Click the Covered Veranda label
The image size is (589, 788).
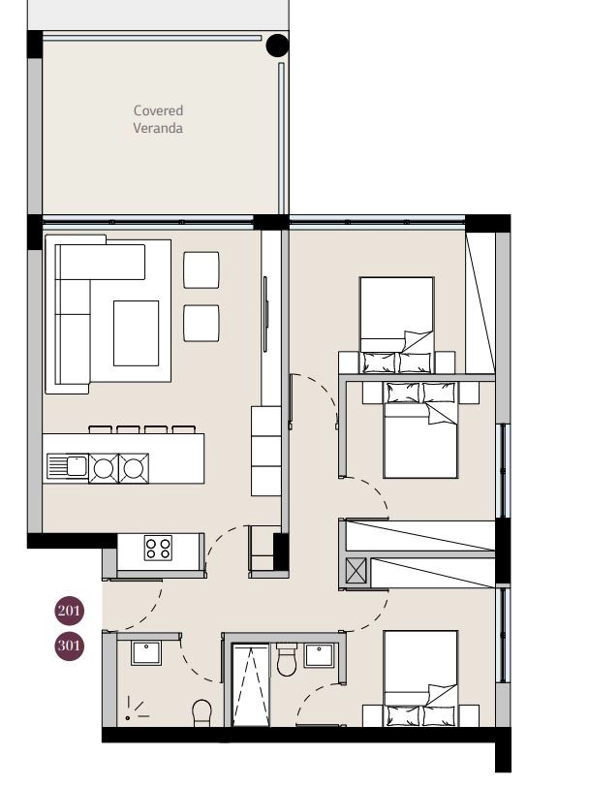(x=158, y=119)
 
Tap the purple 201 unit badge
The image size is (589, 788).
(x=70, y=611)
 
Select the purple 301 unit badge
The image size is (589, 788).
(x=70, y=646)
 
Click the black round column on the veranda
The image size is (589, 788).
(x=277, y=46)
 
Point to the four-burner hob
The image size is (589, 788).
(x=158, y=548)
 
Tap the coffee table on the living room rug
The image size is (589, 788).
(x=136, y=333)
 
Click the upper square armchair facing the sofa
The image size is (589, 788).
(x=201, y=269)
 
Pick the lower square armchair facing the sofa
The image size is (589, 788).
(x=201, y=323)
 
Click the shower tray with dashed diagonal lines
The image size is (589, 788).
(x=250, y=686)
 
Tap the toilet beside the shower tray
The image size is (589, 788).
(x=287, y=659)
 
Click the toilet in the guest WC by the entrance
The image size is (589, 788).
(x=202, y=713)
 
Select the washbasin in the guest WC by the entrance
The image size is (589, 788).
(x=146, y=653)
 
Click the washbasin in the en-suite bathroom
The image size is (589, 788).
(x=319, y=655)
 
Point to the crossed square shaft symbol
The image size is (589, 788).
(x=356, y=572)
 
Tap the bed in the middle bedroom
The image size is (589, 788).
(x=420, y=429)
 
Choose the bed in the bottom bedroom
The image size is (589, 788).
(x=420, y=678)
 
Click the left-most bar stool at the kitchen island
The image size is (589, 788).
(x=101, y=429)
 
